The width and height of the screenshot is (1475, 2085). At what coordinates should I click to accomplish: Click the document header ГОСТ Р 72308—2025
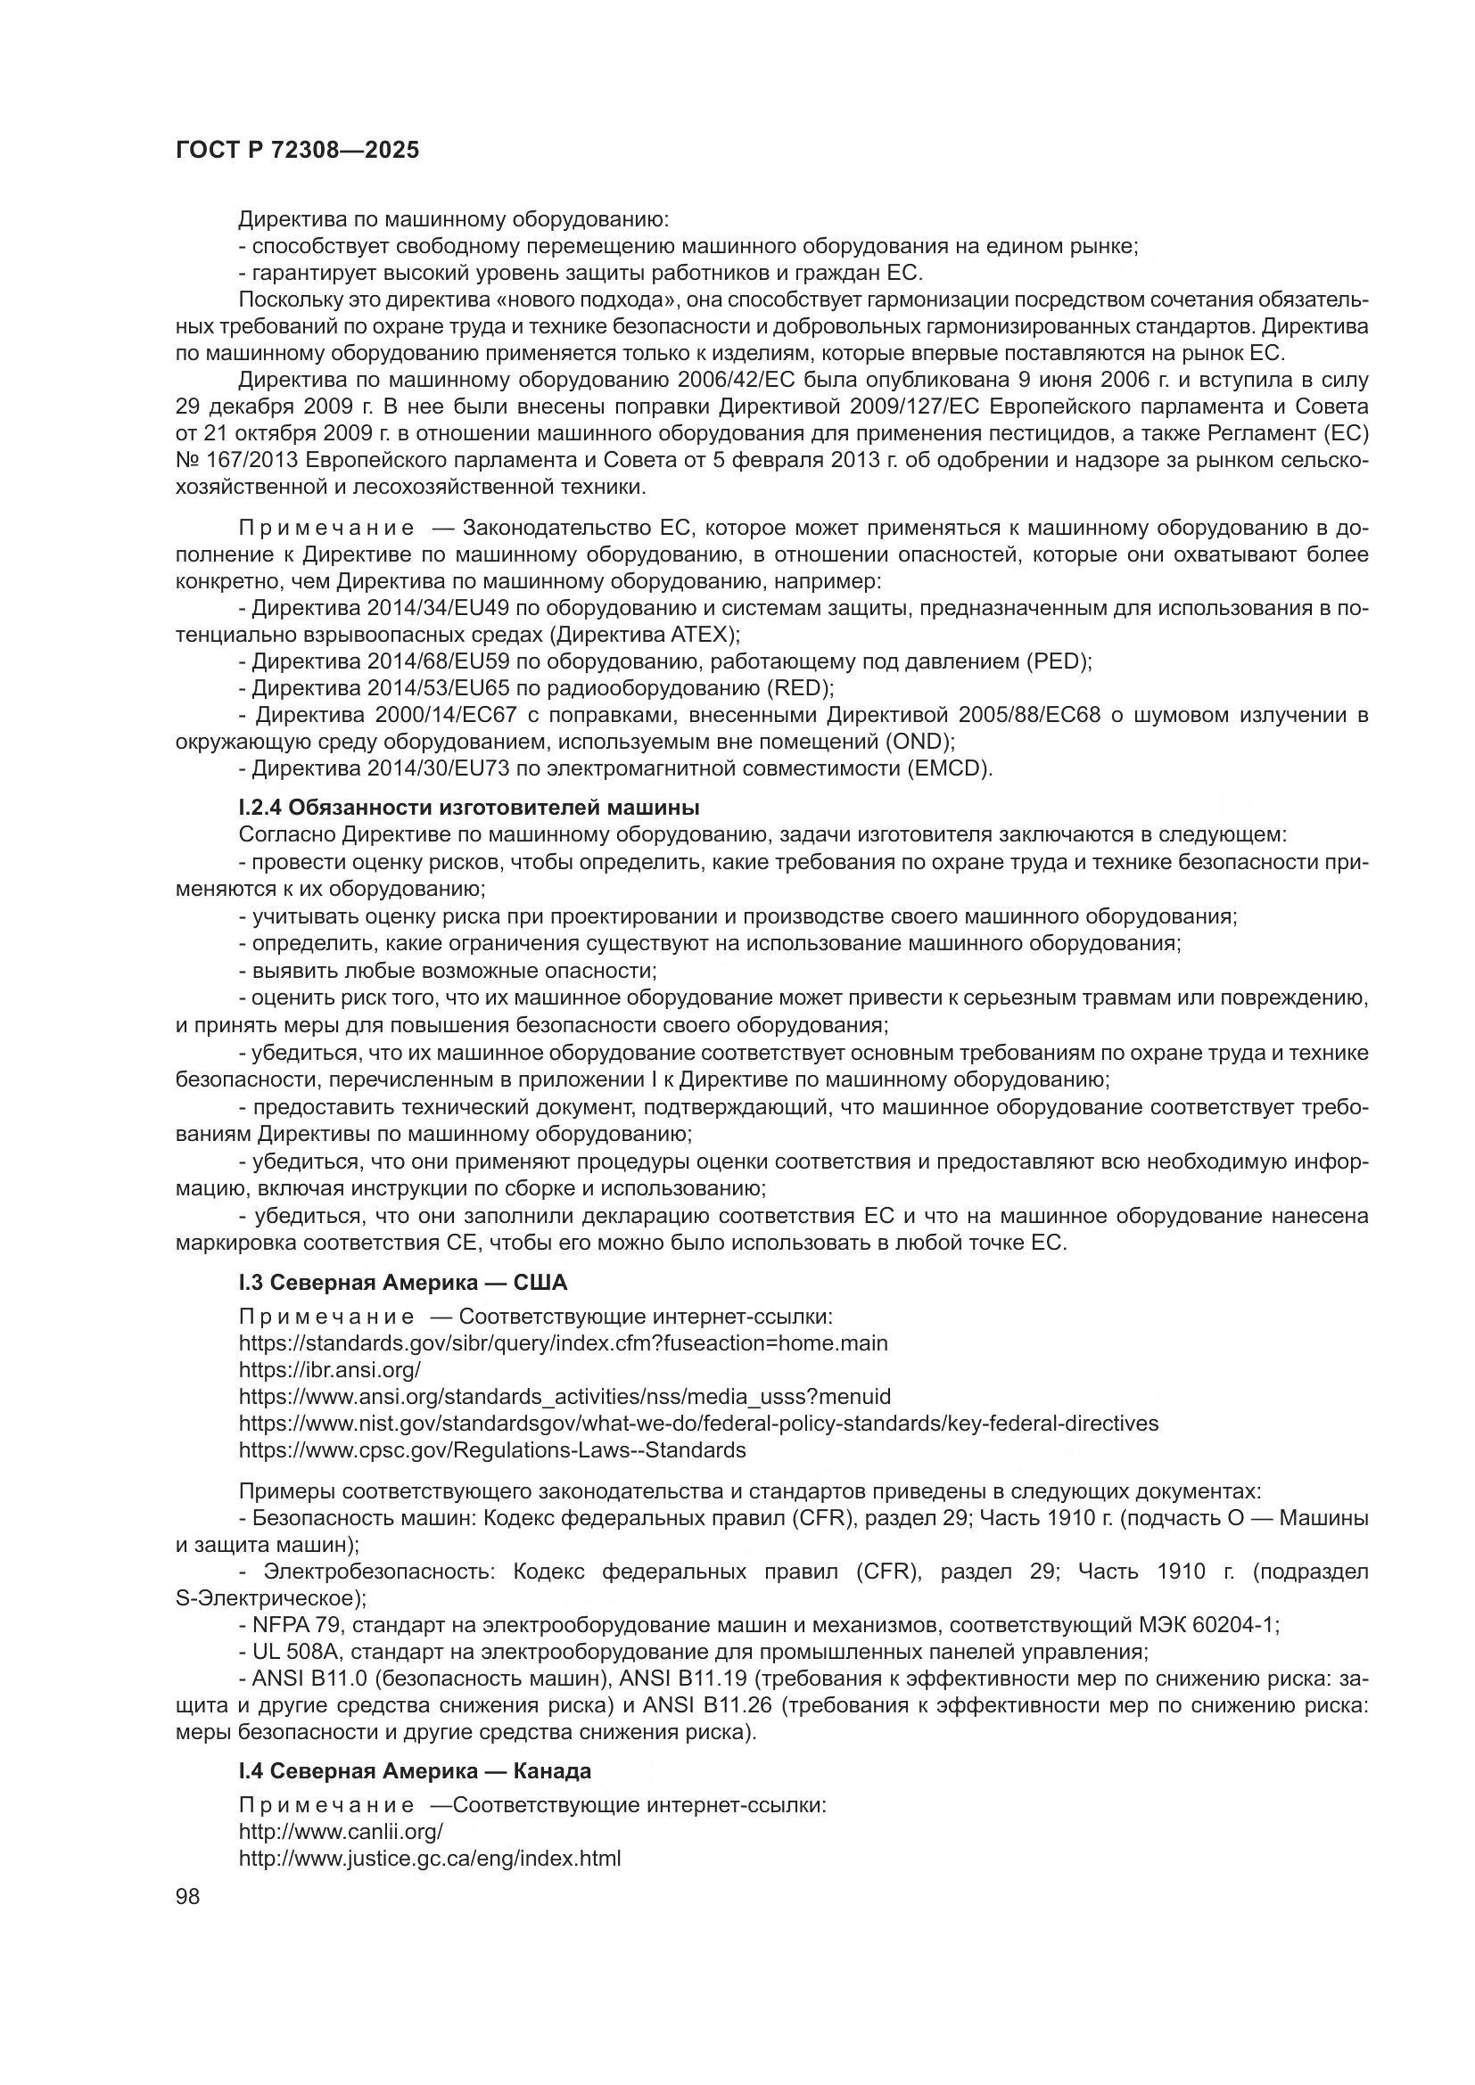(297, 151)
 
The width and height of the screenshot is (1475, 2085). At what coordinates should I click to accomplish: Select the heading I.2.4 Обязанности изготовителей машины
(469, 808)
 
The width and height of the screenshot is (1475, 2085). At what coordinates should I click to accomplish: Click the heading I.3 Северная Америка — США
(402, 1283)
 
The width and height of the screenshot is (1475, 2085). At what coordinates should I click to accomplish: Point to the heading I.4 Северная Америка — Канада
(414, 1771)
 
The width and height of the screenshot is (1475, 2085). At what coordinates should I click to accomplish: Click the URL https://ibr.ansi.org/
(330, 1369)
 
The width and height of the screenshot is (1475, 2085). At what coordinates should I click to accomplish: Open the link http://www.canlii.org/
(341, 1831)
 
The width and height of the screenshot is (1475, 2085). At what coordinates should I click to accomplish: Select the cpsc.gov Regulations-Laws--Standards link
(492, 1450)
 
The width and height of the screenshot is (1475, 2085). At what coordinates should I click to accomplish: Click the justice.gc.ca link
(430, 1858)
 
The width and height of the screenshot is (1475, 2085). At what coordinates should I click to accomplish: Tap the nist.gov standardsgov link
(698, 1423)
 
